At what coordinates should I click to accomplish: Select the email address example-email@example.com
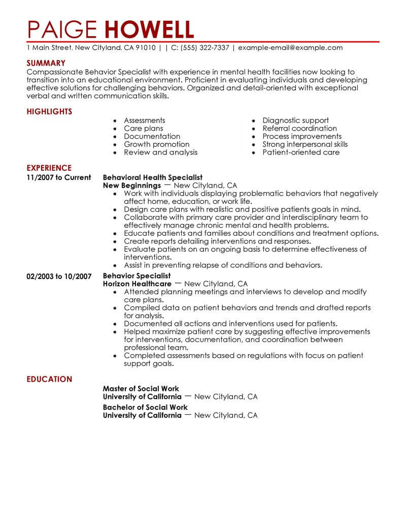[290, 48]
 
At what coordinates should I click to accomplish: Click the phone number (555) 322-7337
[202, 48]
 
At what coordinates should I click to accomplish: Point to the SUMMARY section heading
[46, 63]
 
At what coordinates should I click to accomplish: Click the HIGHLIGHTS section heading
[49, 111]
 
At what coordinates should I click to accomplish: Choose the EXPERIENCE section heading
[49, 168]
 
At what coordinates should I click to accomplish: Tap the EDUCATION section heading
[49, 379]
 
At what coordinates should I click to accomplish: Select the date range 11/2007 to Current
[58, 177]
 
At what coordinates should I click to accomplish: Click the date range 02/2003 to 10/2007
[59, 276]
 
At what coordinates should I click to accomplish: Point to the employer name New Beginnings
[131, 185]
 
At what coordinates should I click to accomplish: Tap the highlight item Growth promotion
[156, 144]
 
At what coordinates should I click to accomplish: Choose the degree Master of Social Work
[141, 389]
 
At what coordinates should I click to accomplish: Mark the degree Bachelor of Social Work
[145, 407]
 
